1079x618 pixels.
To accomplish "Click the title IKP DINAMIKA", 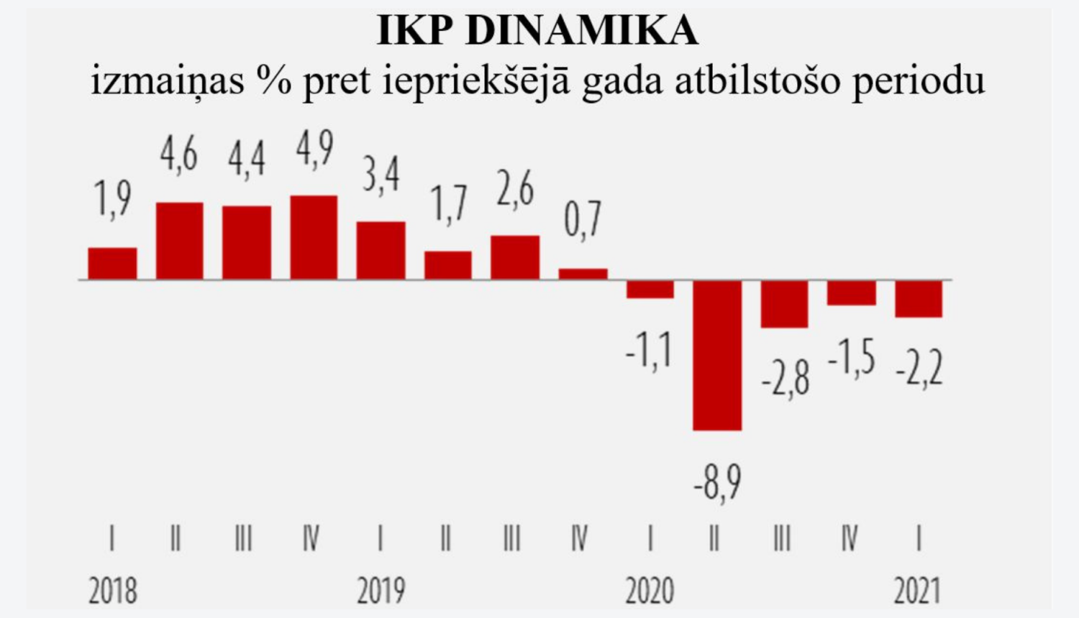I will coord(538,30).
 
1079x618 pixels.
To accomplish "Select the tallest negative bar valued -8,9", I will coord(717,355).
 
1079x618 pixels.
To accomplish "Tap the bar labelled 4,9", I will coord(314,237).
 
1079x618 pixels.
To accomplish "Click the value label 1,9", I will coord(113,199).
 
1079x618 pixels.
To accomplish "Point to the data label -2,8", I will coord(786,379).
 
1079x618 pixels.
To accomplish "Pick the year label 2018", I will coord(113,591).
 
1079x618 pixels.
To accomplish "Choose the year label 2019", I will coord(381,591).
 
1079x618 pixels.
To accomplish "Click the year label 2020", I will coord(650,591).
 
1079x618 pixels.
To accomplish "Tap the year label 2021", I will coord(917,591).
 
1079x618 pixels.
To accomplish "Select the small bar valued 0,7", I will coord(583,274).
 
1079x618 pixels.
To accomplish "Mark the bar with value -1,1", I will coord(650,289).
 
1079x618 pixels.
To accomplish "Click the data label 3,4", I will coord(381,175).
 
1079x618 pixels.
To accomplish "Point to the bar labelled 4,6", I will coord(180,241).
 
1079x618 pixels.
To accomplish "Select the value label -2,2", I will coord(919,369).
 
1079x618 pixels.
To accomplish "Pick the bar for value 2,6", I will coord(515,257).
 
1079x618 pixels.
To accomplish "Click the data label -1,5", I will coord(851,358).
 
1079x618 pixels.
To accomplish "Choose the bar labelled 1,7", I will coord(448,265).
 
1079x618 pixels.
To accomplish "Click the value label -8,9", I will coord(717,483).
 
